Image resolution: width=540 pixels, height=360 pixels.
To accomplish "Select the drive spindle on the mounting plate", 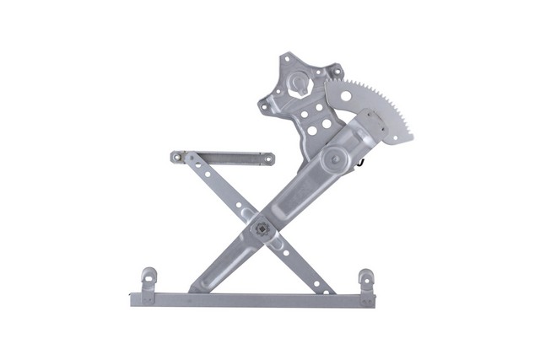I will (x=300, y=85).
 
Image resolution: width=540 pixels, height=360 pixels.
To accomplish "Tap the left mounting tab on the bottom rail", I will (x=148, y=277).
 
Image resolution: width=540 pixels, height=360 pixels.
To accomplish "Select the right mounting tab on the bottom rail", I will (x=365, y=278).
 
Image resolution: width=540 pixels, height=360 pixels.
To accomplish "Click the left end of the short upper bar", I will (x=176, y=156).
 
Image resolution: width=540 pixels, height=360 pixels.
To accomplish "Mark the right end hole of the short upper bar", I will (x=267, y=159).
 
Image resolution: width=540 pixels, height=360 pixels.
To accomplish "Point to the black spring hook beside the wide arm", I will (x=361, y=160).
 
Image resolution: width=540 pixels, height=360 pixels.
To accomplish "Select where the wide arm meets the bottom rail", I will (x=197, y=288).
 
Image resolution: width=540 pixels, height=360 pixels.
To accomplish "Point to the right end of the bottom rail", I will (x=372, y=299).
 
